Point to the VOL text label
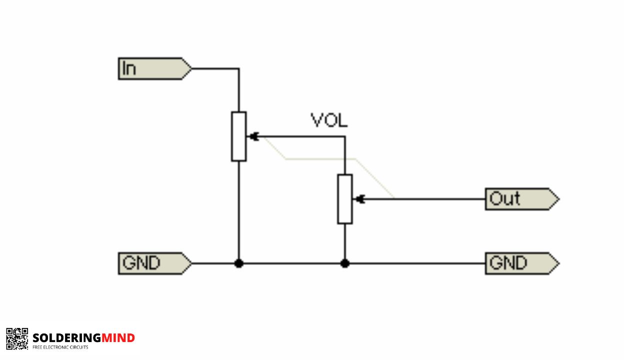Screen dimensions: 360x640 coord(329,120)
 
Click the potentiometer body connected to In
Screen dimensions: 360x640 coord(238,136)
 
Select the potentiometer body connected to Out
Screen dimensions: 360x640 coord(344,199)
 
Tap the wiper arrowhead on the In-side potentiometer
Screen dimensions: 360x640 coord(253,136)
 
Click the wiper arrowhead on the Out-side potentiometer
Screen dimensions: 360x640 coord(358,199)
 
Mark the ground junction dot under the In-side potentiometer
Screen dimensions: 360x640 coord(238,263)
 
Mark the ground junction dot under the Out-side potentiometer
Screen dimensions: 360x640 coord(344,263)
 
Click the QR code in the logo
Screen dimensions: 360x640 coord(17,338)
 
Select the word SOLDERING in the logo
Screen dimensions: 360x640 coord(66,338)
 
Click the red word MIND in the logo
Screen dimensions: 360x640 coord(118,338)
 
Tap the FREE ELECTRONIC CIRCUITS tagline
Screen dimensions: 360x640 coord(60,347)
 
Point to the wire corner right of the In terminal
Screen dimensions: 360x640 coord(238,68)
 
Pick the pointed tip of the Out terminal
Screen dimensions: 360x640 coord(558,199)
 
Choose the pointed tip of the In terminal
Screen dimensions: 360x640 coord(191,68)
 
